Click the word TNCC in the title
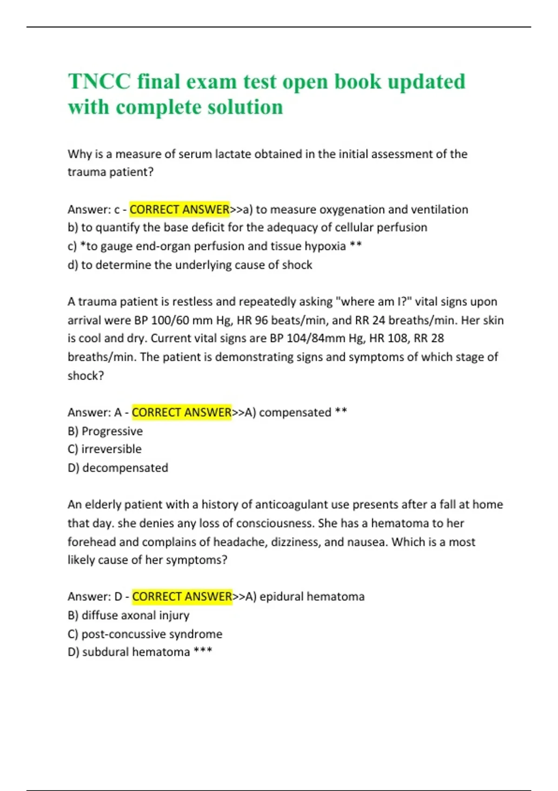(x=99, y=81)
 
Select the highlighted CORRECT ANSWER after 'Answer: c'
(x=179, y=209)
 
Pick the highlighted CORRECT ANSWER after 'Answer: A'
(x=181, y=412)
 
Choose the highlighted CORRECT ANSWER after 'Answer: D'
(x=182, y=597)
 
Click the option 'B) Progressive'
(x=105, y=431)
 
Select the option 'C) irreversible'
(x=105, y=449)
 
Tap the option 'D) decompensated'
(x=118, y=468)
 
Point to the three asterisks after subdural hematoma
(x=203, y=651)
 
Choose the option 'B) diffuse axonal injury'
(x=128, y=615)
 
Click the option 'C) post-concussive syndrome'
(x=145, y=634)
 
